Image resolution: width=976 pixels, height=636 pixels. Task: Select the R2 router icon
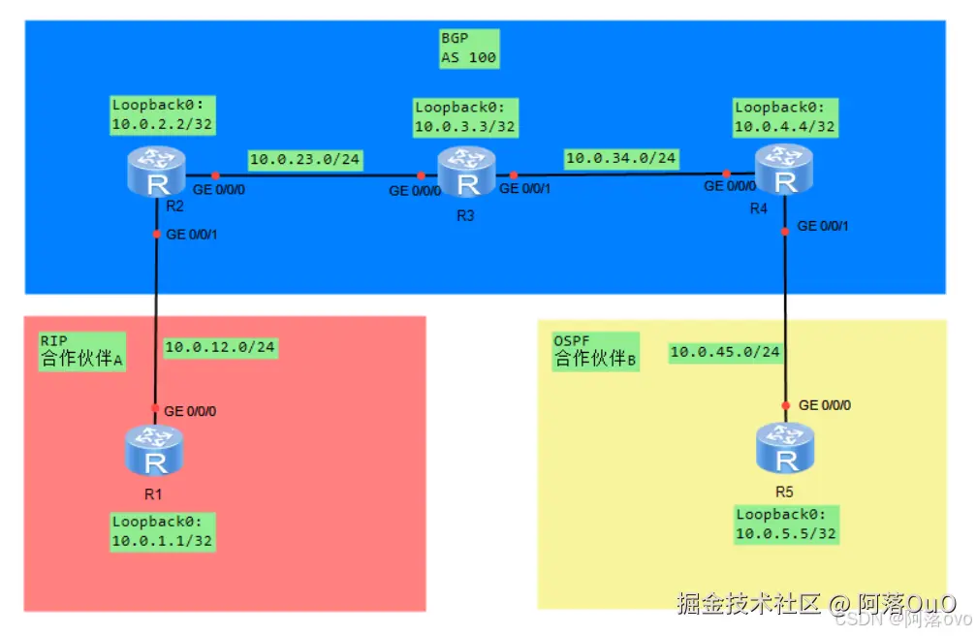(156, 172)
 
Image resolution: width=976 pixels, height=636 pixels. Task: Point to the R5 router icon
(785, 450)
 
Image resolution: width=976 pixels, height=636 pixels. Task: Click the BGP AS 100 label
(468, 49)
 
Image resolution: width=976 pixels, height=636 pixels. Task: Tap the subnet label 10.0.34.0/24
(621, 157)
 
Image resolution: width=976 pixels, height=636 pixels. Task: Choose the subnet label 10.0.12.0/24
(221, 347)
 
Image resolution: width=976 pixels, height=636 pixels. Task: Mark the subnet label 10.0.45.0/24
(725, 352)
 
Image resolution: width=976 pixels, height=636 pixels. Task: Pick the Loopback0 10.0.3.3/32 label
(465, 117)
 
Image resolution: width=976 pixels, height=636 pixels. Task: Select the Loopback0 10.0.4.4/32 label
(785, 117)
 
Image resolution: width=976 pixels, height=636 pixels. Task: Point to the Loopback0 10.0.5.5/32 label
(786, 525)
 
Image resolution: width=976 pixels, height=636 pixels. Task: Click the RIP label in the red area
(52, 340)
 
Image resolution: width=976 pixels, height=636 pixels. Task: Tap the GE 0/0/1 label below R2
(191, 234)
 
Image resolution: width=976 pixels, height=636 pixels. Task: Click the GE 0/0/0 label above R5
(824, 405)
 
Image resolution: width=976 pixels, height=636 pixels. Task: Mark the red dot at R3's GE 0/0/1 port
(514, 175)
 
